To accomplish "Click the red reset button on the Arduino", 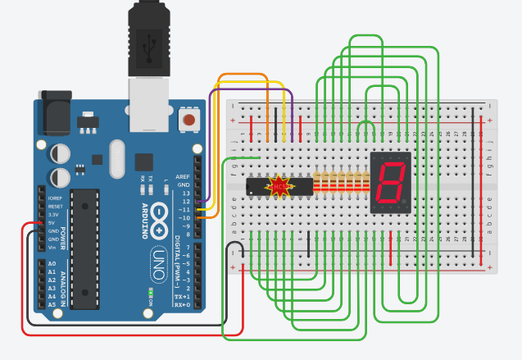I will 189,120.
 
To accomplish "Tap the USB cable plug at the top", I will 148,41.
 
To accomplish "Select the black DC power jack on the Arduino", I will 55,114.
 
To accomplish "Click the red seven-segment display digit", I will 391,182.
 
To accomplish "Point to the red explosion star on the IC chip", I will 281,186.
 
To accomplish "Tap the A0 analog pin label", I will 52,264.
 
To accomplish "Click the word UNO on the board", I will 158,264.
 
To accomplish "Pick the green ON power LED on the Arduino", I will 150,292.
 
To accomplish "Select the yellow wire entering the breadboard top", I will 284,115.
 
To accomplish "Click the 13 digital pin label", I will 186,193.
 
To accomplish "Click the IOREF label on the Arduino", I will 55,198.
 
